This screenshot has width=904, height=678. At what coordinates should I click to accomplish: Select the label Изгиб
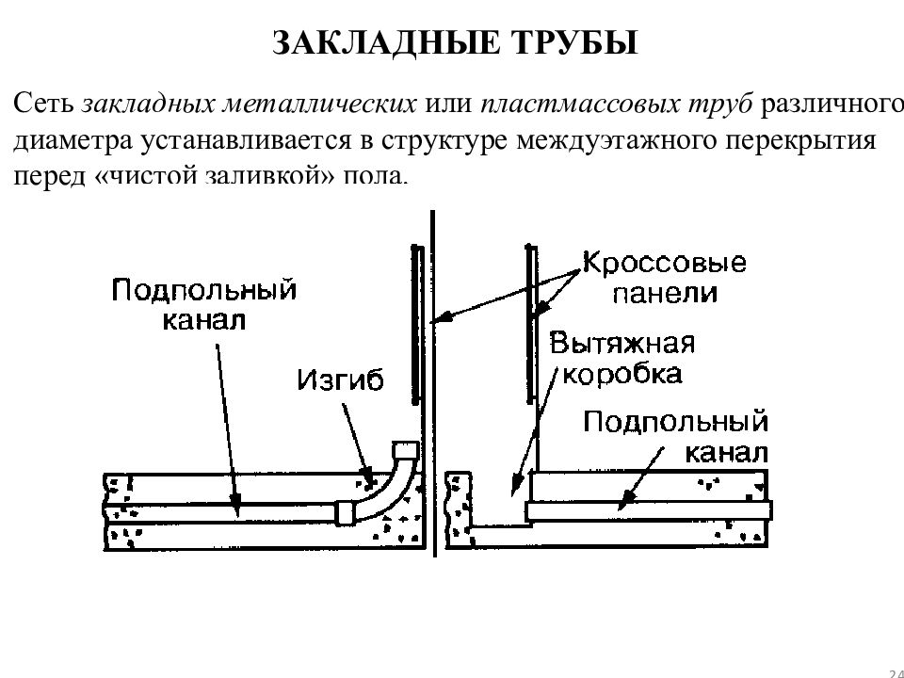point(340,379)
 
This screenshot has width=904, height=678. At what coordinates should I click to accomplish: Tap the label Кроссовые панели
point(665,278)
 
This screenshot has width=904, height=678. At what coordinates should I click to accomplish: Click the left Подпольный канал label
point(204,305)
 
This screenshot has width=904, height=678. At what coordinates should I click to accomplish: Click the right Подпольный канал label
point(676,437)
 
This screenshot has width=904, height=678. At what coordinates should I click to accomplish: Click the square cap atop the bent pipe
point(404,450)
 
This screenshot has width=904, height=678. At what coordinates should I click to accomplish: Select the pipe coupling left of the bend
point(345,512)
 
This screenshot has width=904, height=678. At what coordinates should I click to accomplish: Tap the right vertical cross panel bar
point(529,325)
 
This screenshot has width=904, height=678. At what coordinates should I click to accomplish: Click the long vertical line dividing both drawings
point(433,383)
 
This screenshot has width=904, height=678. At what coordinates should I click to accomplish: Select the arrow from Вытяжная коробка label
point(535,430)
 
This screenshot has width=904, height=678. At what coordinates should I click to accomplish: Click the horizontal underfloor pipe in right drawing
point(649,510)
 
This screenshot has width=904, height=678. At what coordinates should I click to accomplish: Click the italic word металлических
point(319,105)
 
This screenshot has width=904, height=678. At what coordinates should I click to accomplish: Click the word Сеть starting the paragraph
point(43,104)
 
